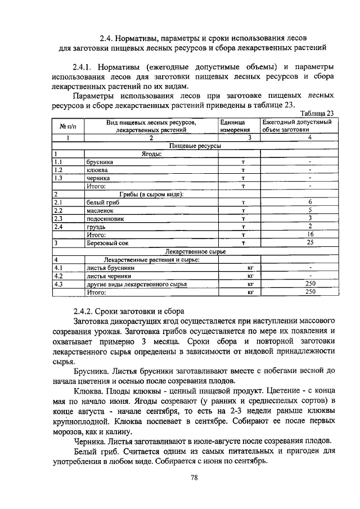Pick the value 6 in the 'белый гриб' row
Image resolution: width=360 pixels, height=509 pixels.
pos(310,202)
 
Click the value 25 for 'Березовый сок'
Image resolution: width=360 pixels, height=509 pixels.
pos(310,242)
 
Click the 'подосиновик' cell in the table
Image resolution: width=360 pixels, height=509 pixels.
pos(105,218)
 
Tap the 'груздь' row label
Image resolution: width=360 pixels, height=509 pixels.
pos(97,227)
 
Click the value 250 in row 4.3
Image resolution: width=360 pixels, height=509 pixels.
pos(310,284)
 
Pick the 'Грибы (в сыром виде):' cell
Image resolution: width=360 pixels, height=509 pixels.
pos(151,194)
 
